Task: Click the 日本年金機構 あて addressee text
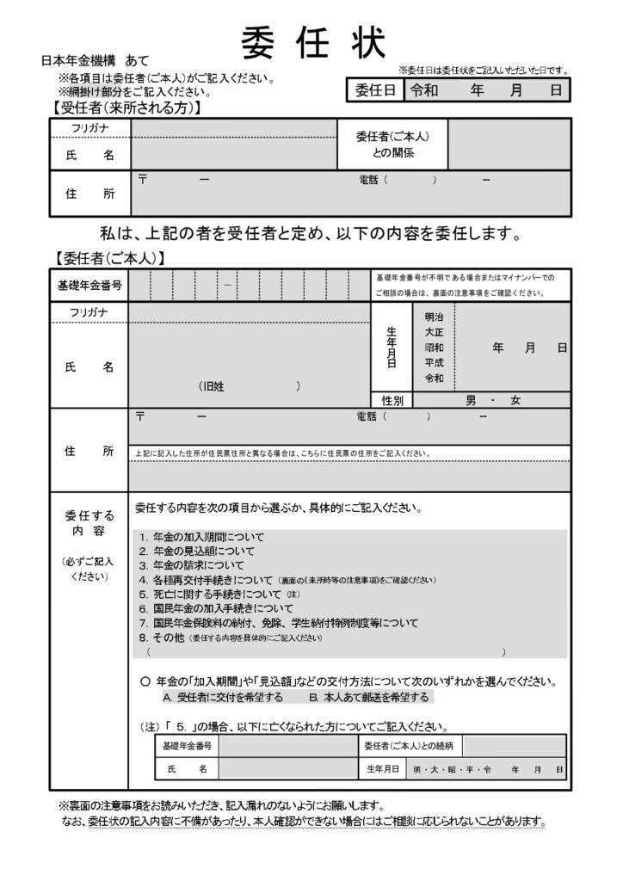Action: point(95,61)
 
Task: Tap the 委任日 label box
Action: point(375,89)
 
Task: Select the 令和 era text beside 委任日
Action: point(426,89)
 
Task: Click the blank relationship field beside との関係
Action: point(508,144)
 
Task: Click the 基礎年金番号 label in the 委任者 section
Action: point(89,284)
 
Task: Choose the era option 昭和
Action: point(435,348)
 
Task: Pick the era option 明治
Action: point(435,317)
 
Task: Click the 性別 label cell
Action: point(392,400)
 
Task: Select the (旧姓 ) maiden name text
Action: point(250,387)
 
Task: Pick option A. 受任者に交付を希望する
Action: point(222,697)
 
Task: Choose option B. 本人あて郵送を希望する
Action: point(369,697)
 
